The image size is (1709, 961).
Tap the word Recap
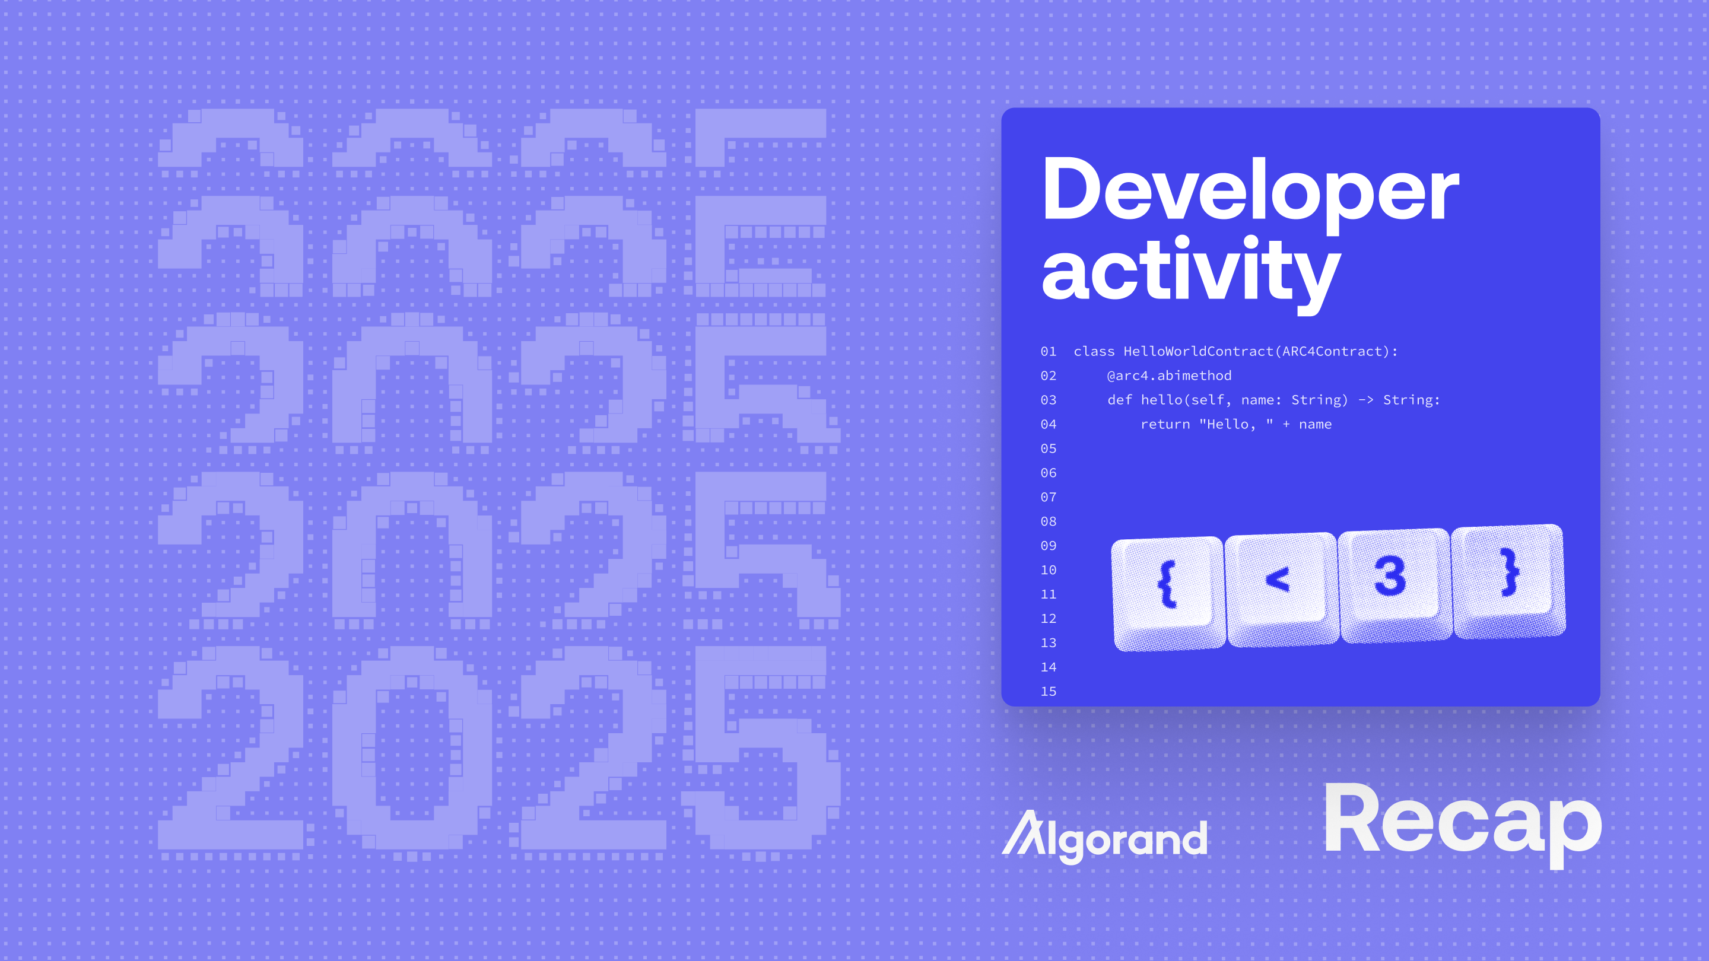tap(1463, 822)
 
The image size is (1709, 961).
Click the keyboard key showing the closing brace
tap(1507, 577)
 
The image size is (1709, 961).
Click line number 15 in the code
tap(1048, 692)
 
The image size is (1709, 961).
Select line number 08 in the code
tap(1048, 521)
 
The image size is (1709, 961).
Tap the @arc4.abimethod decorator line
tap(1169, 376)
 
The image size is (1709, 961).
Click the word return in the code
tap(1165, 425)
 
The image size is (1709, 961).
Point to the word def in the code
tap(1119, 400)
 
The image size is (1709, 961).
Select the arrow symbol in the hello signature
tap(1365, 400)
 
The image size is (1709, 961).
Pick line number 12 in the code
tap(1048, 619)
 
